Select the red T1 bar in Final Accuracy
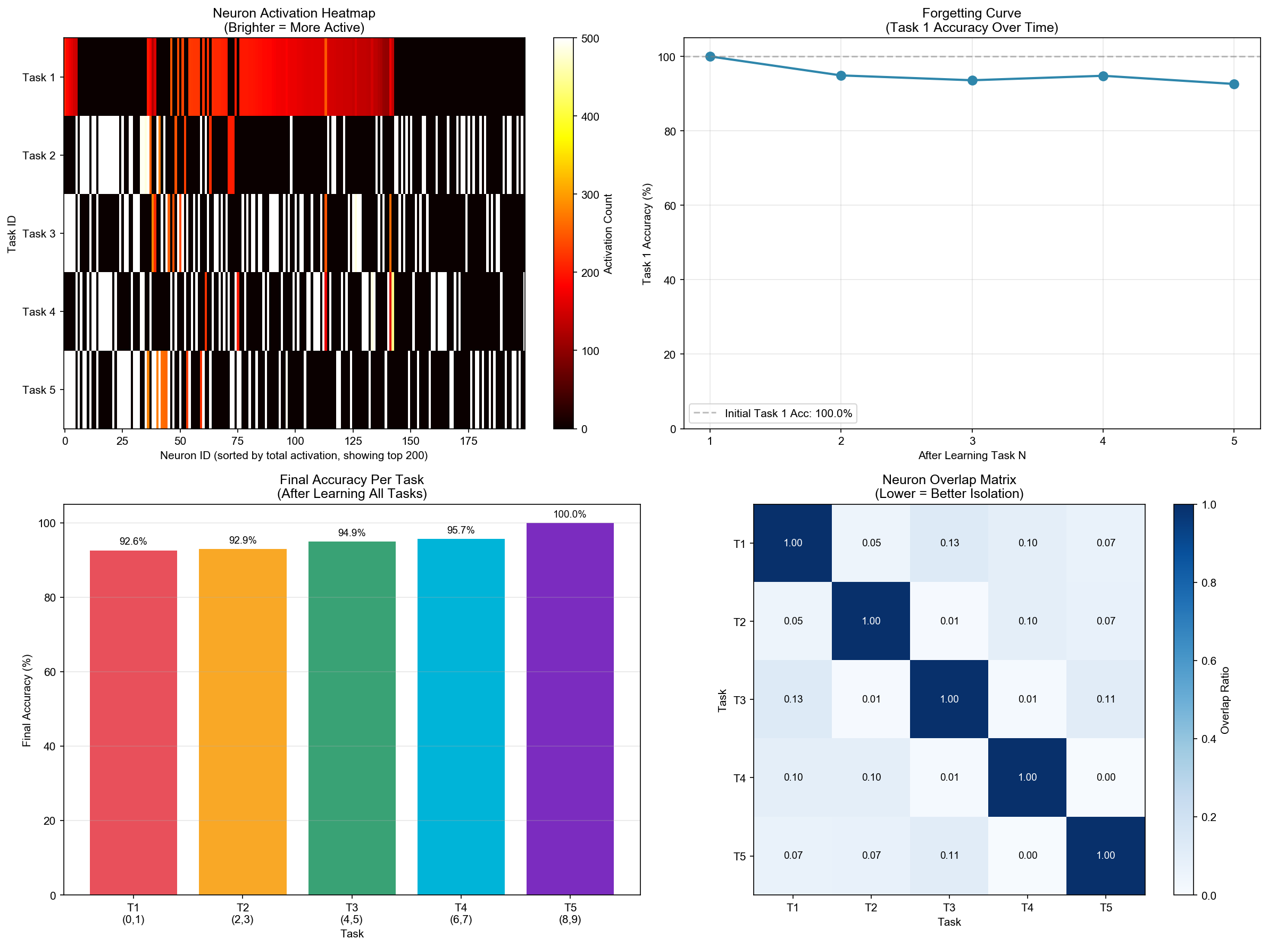tap(133, 722)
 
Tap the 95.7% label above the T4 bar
tap(461, 530)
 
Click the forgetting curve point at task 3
tap(972, 80)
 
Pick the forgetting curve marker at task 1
tap(710, 56)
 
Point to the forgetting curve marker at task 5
tap(1234, 84)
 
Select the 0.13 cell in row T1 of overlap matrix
tap(949, 543)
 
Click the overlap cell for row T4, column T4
tap(1027, 777)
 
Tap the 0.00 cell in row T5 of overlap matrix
tap(1027, 855)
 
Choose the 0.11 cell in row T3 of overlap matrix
tap(1106, 699)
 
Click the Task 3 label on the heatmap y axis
tap(39, 234)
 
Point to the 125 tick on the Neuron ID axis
tap(353, 441)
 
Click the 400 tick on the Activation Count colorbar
tap(590, 116)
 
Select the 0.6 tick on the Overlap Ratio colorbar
tap(1208, 661)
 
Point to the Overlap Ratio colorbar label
tap(1225, 700)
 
